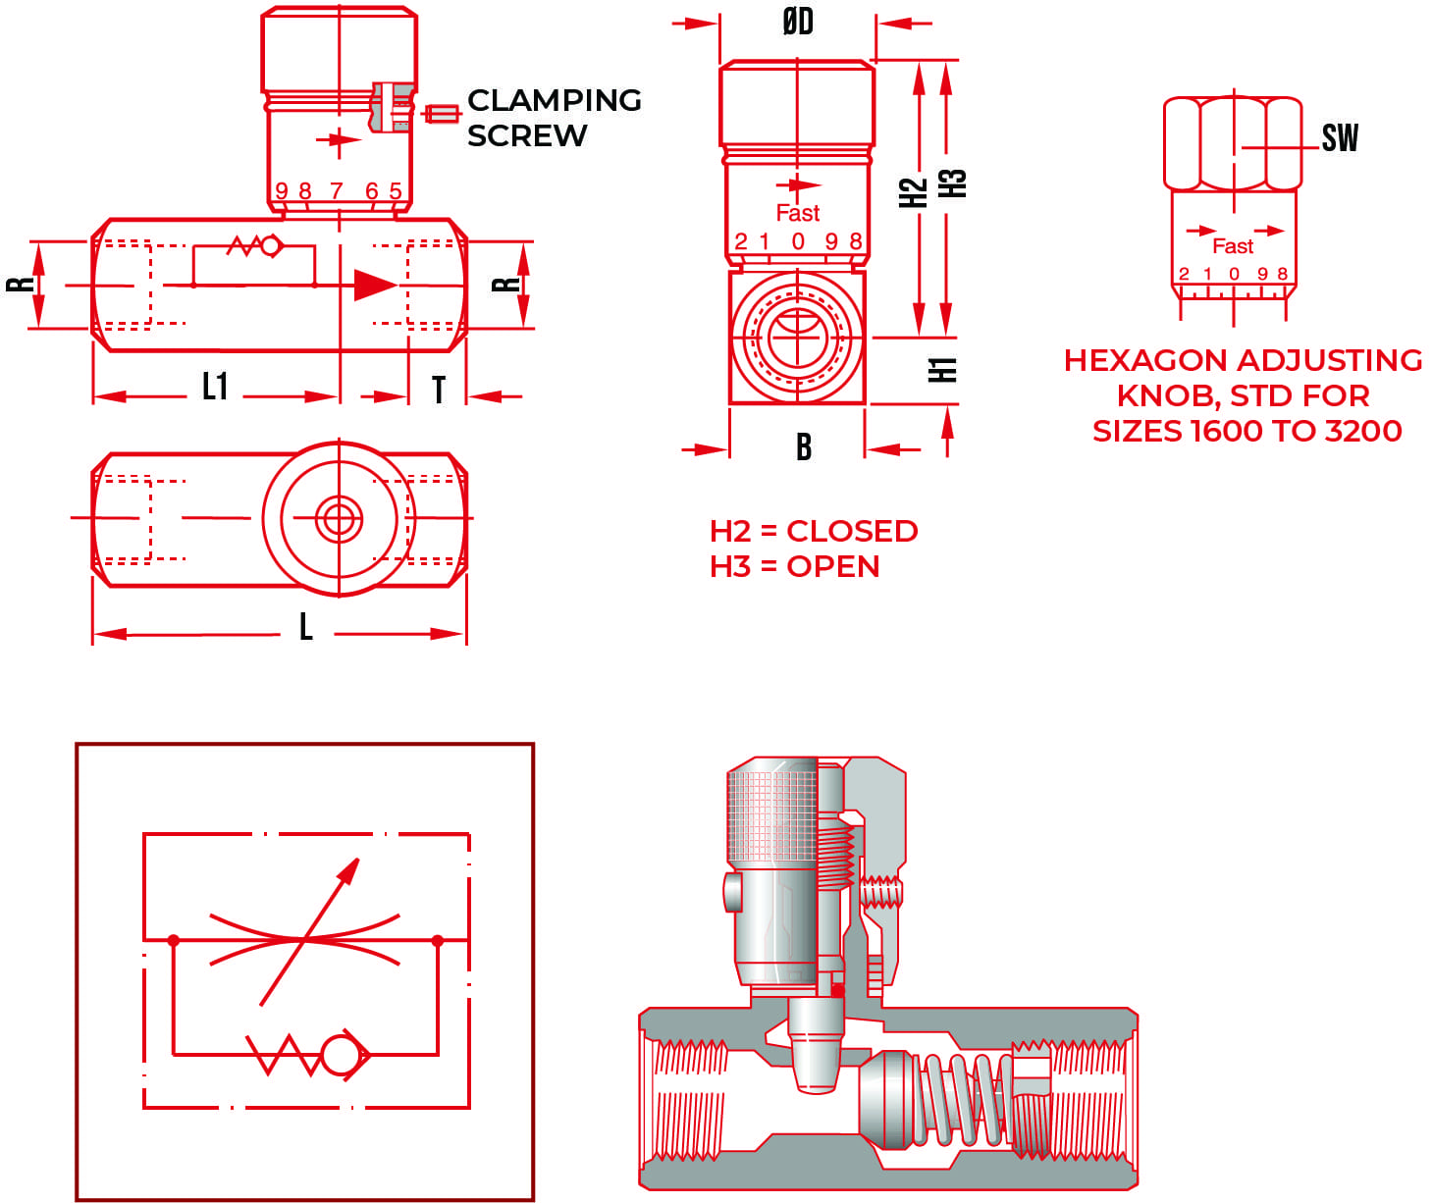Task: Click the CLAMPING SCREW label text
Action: pos(554,117)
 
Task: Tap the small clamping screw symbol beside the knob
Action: pos(442,114)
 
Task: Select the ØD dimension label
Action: pos(797,22)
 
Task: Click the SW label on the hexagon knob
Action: pos(1339,138)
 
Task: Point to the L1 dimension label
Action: pos(215,387)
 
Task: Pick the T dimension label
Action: pos(439,390)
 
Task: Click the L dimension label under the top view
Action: pos(306,626)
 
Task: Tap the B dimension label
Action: pos(803,447)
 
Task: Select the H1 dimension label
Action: pos(942,370)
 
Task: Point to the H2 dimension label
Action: pos(914,192)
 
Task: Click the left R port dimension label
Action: pos(21,285)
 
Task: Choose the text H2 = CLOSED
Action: pos(814,531)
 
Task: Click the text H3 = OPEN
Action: pos(794,566)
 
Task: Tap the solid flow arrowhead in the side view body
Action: pos(374,285)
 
